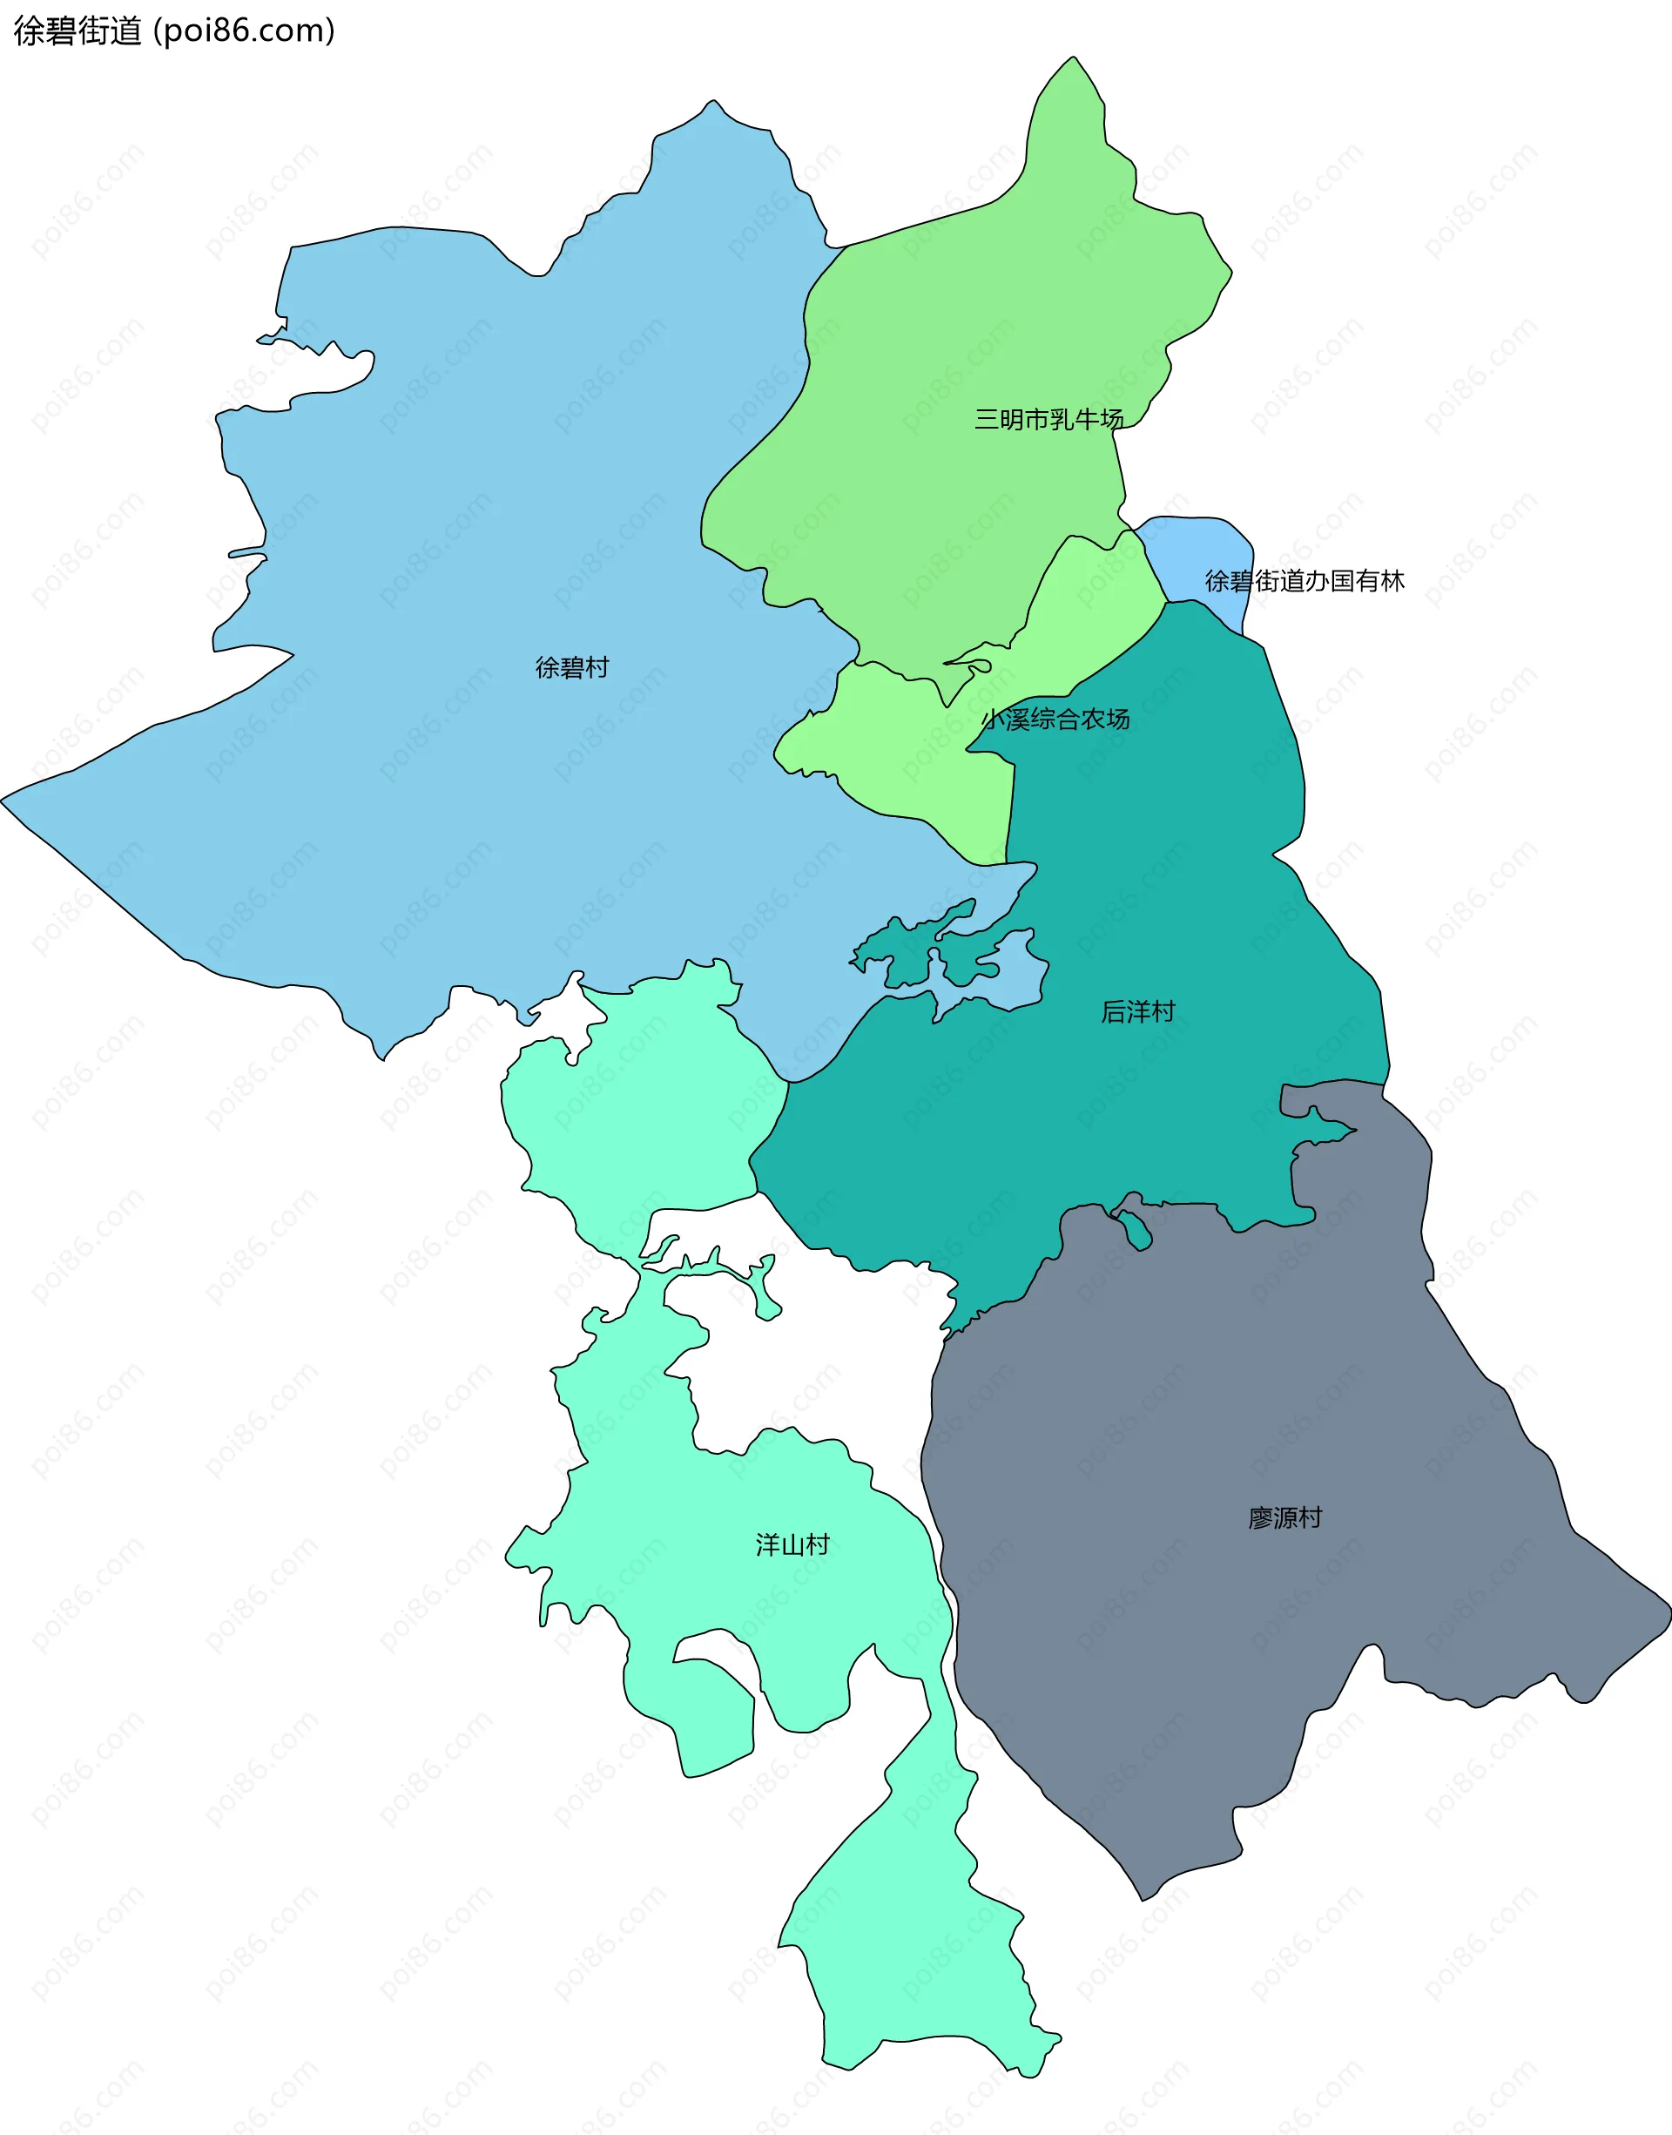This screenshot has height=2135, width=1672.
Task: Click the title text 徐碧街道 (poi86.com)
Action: coord(174,31)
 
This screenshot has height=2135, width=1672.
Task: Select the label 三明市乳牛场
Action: coord(1048,420)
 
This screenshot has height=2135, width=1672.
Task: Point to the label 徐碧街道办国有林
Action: coord(1304,582)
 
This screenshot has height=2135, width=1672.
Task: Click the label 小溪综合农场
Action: coord(1055,720)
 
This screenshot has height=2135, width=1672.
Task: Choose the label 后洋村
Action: coord(1137,1011)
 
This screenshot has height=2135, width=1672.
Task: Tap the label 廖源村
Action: coord(1284,1518)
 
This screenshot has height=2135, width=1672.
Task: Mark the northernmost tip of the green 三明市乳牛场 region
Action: coord(1074,57)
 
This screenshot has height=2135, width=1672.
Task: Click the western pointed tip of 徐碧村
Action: coord(3,800)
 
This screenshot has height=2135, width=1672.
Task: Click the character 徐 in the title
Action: coord(29,31)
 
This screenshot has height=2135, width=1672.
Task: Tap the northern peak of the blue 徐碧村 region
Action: coord(713,102)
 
